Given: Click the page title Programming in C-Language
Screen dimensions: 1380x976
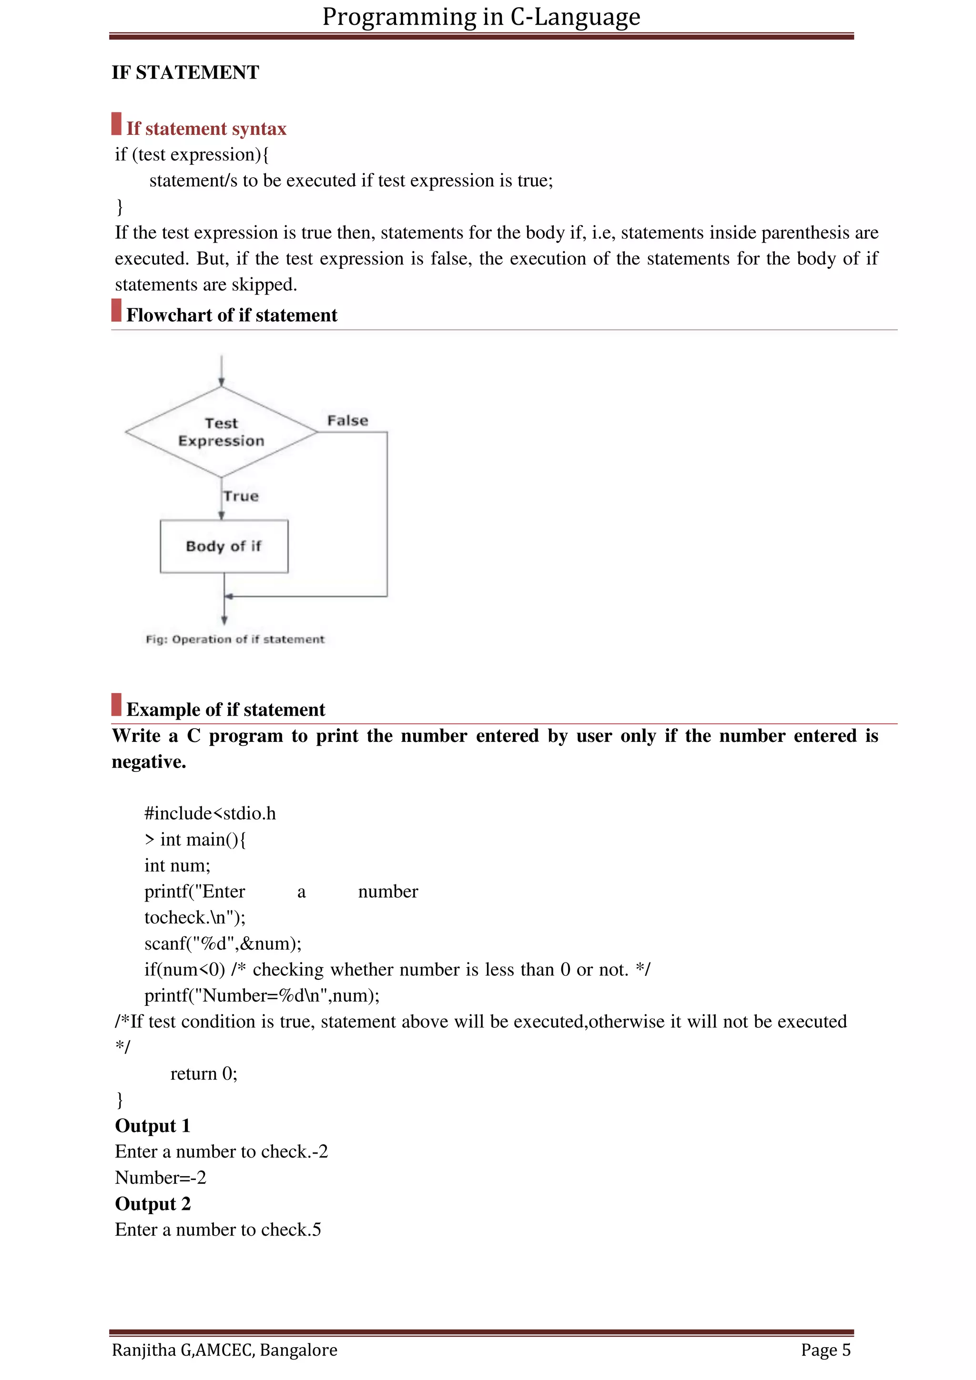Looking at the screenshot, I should (481, 17).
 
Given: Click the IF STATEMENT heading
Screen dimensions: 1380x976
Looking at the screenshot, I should (185, 73).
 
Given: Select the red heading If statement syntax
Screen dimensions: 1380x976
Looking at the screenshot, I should (206, 129).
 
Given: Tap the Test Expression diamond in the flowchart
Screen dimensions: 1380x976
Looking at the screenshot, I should (221, 432).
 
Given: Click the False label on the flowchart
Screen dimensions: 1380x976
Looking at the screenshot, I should (347, 421).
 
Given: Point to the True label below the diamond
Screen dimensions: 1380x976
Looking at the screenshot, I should (241, 497).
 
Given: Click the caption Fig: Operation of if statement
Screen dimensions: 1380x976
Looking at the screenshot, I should (235, 639).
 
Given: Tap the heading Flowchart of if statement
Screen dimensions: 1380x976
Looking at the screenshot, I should (232, 315).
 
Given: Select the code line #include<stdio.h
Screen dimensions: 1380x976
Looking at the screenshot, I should (210, 814).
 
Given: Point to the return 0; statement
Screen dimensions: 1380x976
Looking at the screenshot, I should (204, 1074).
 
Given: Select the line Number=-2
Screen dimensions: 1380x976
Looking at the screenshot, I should (161, 1178).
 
